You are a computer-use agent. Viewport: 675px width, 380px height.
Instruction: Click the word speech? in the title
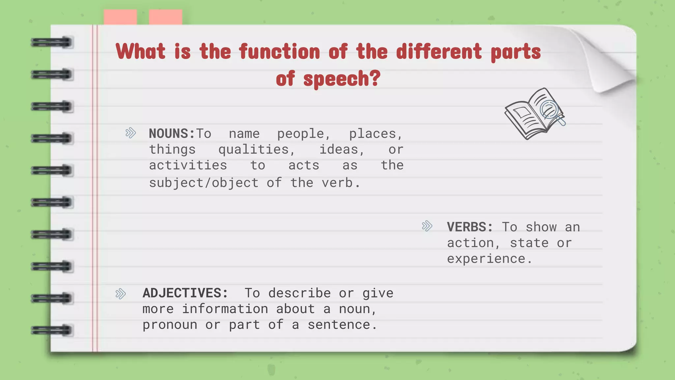coord(342,79)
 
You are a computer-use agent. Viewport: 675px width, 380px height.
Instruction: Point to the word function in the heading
coord(279,52)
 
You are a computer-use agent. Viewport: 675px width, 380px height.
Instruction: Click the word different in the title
coord(439,52)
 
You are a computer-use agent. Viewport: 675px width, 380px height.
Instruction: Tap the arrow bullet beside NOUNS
coord(131,133)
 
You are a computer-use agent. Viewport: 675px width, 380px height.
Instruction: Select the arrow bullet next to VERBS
coord(427,226)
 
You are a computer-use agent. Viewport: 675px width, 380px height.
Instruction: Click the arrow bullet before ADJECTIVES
coord(121,294)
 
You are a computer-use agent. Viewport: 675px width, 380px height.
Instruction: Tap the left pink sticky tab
coord(120,17)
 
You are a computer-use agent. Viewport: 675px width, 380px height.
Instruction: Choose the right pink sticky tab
coord(165,17)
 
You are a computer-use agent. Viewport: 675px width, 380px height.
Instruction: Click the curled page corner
coord(610,63)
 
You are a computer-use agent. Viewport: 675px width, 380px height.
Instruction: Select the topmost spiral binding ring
coord(52,43)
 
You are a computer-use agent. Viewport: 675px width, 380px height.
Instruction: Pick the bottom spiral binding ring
coord(52,330)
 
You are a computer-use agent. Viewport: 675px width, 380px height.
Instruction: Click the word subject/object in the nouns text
coord(204,183)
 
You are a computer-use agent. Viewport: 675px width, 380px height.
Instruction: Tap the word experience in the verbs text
coord(486,259)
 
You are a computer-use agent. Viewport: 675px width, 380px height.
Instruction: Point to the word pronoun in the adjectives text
coord(170,325)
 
